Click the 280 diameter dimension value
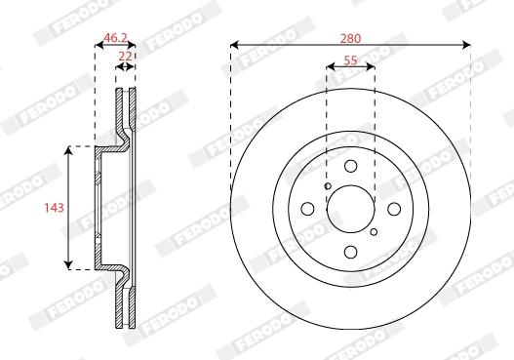[x=351, y=38]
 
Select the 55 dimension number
[x=351, y=60]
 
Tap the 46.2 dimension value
[x=115, y=38]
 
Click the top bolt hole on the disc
[x=351, y=167]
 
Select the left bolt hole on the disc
[x=308, y=209]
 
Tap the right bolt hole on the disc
[x=394, y=209]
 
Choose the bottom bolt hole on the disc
[x=351, y=252]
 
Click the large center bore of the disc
[x=351, y=209]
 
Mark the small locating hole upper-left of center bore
[x=328, y=186]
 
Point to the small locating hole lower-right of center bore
[x=374, y=232]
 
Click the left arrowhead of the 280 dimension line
[x=235, y=44]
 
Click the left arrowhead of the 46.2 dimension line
[x=98, y=45]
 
